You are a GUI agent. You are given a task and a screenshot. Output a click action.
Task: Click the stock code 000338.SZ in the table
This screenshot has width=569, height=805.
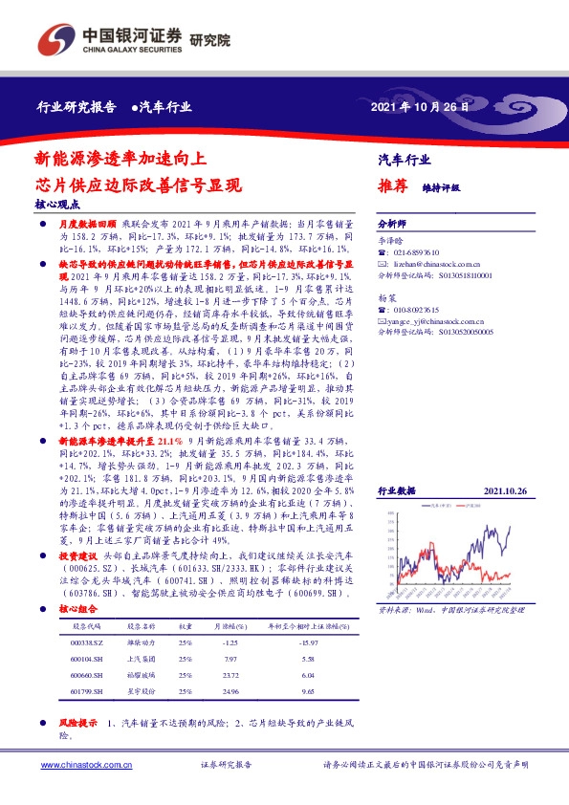click(x=91, y=642)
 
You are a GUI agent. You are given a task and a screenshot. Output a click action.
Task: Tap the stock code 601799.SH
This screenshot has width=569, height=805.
click(x=90, y=689)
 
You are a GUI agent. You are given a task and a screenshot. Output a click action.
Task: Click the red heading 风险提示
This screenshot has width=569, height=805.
click(x=77, y=722)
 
